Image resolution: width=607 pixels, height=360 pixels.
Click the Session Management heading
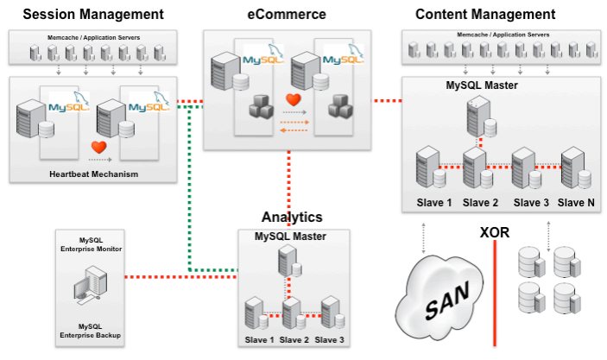pos(92,14)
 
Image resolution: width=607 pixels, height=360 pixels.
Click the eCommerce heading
pos(288,14)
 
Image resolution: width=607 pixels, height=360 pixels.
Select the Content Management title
pos(484,14)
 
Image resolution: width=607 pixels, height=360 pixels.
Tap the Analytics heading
pos(292,218)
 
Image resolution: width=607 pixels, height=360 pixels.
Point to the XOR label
pos(495,232)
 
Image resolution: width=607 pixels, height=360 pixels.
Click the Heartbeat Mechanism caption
pos(93,174)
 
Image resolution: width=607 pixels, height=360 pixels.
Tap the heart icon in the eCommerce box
pos(293,100)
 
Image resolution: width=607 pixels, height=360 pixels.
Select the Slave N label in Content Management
pos(576,203)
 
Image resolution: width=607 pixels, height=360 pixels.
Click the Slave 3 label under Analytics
pos(329,339)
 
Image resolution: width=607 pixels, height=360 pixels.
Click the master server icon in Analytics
pos(290,262)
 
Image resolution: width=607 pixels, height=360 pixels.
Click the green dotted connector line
pos(189,190)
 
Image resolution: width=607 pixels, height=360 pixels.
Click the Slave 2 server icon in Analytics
pos(291,311)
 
